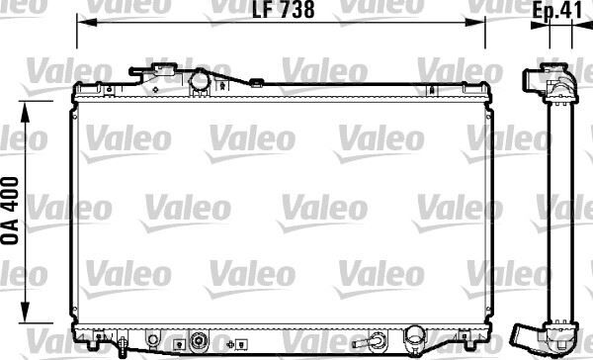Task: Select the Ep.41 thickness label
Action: [555, 11]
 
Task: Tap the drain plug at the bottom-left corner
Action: [120, 345]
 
